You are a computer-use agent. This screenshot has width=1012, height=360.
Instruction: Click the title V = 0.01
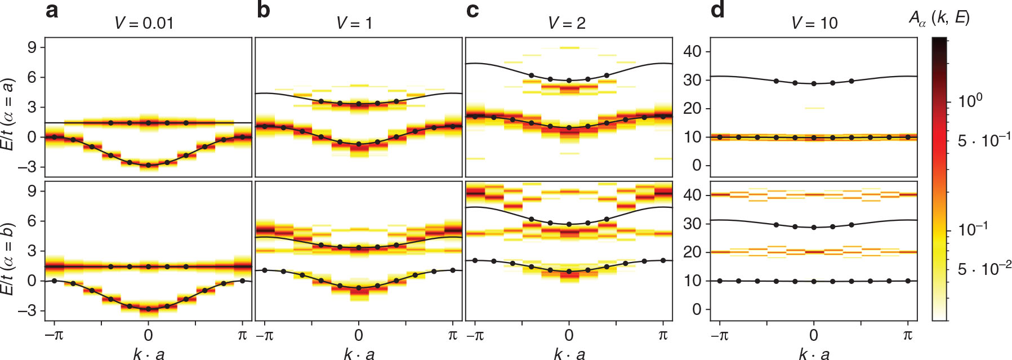click(144, 23)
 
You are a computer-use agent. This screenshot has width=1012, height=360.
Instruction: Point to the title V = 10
click(814, 23)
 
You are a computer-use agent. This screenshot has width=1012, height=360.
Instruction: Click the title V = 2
click(567, 23)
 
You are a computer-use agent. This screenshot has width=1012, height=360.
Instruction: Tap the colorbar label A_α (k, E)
click(939, 18)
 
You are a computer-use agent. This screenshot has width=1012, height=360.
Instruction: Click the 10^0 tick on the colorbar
click(970, 101)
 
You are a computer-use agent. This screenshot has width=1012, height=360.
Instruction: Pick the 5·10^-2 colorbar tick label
click(984, 269)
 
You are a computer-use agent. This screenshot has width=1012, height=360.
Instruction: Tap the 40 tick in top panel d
click(692, 52)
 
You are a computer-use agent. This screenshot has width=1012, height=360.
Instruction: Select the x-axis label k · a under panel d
click(814, 354)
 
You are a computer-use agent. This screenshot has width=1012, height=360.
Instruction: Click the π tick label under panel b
click(453, 335)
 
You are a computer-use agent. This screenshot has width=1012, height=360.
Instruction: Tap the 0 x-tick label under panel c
click(569, 335)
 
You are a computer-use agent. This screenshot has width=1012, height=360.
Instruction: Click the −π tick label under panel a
click(54, 335)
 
